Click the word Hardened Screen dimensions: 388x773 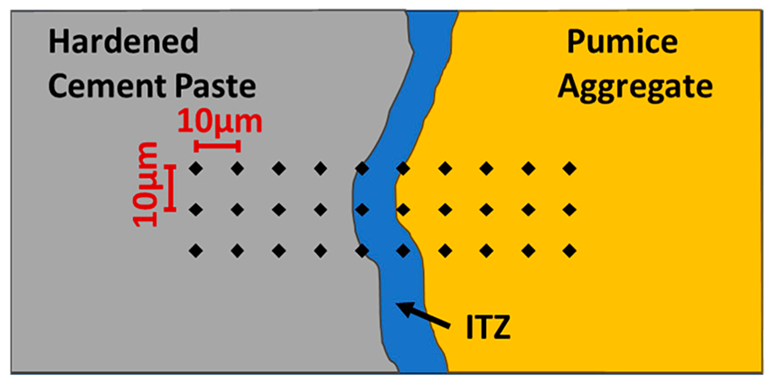coord(123,41)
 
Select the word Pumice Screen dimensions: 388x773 coord(622,41)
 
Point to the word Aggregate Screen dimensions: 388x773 coord(635,87)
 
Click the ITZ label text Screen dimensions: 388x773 coord(488,327)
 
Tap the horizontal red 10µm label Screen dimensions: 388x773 coord(219,122)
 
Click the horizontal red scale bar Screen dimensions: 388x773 coord(217,146)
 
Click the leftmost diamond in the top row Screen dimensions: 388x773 coord(196,169)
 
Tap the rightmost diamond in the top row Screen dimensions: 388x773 coord(570,169)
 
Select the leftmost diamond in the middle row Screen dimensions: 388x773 coord(196,210)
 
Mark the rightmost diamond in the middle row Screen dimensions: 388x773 coord(570,210)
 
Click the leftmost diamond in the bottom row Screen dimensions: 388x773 coord(196,250)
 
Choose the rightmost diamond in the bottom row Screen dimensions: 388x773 coord(570,250)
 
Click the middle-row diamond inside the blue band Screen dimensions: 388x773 coord(362,210)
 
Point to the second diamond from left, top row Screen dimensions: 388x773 coord(237,169)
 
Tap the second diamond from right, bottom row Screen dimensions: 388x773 coord(528,250)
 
